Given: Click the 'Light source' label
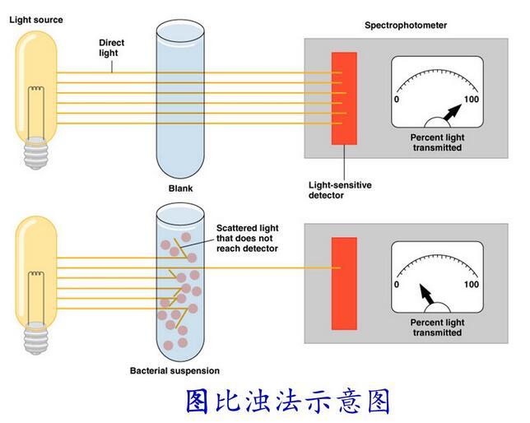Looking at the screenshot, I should click(36, 19).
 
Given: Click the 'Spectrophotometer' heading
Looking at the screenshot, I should click(406, 26).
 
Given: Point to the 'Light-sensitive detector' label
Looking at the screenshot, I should click(340, 190).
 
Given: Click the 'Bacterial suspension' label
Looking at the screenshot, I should click(174, 370).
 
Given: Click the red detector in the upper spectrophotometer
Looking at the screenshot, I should click(344, 98).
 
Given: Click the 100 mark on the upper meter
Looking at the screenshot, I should click(472, 100).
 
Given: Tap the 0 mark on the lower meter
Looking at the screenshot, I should click(397, 284).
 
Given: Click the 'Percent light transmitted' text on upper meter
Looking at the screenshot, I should click(436, 142).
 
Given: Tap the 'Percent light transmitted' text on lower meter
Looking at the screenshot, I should click(436, 328).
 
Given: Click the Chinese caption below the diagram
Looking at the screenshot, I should click(287, 402).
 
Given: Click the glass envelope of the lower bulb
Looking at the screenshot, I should click(35, 263).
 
